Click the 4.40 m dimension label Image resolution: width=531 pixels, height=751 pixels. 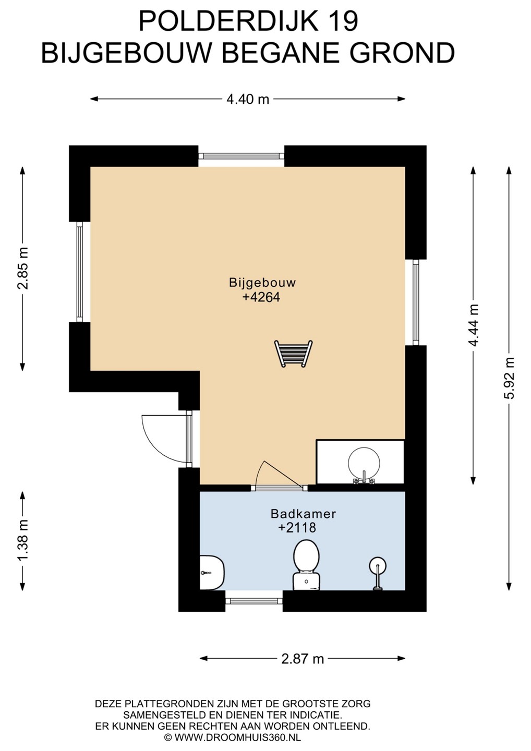tap(248, 99)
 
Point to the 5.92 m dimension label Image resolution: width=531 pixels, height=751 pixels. tap(509, 378)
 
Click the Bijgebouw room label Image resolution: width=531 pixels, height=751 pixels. tap(262, 282)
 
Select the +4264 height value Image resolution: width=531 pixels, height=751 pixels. tap(261, 297)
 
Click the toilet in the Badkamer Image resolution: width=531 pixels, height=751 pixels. tap(306, 565)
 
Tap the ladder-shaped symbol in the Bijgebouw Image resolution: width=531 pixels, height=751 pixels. tap(293, 354)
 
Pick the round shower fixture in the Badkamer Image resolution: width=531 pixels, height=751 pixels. tap(378, 573)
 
